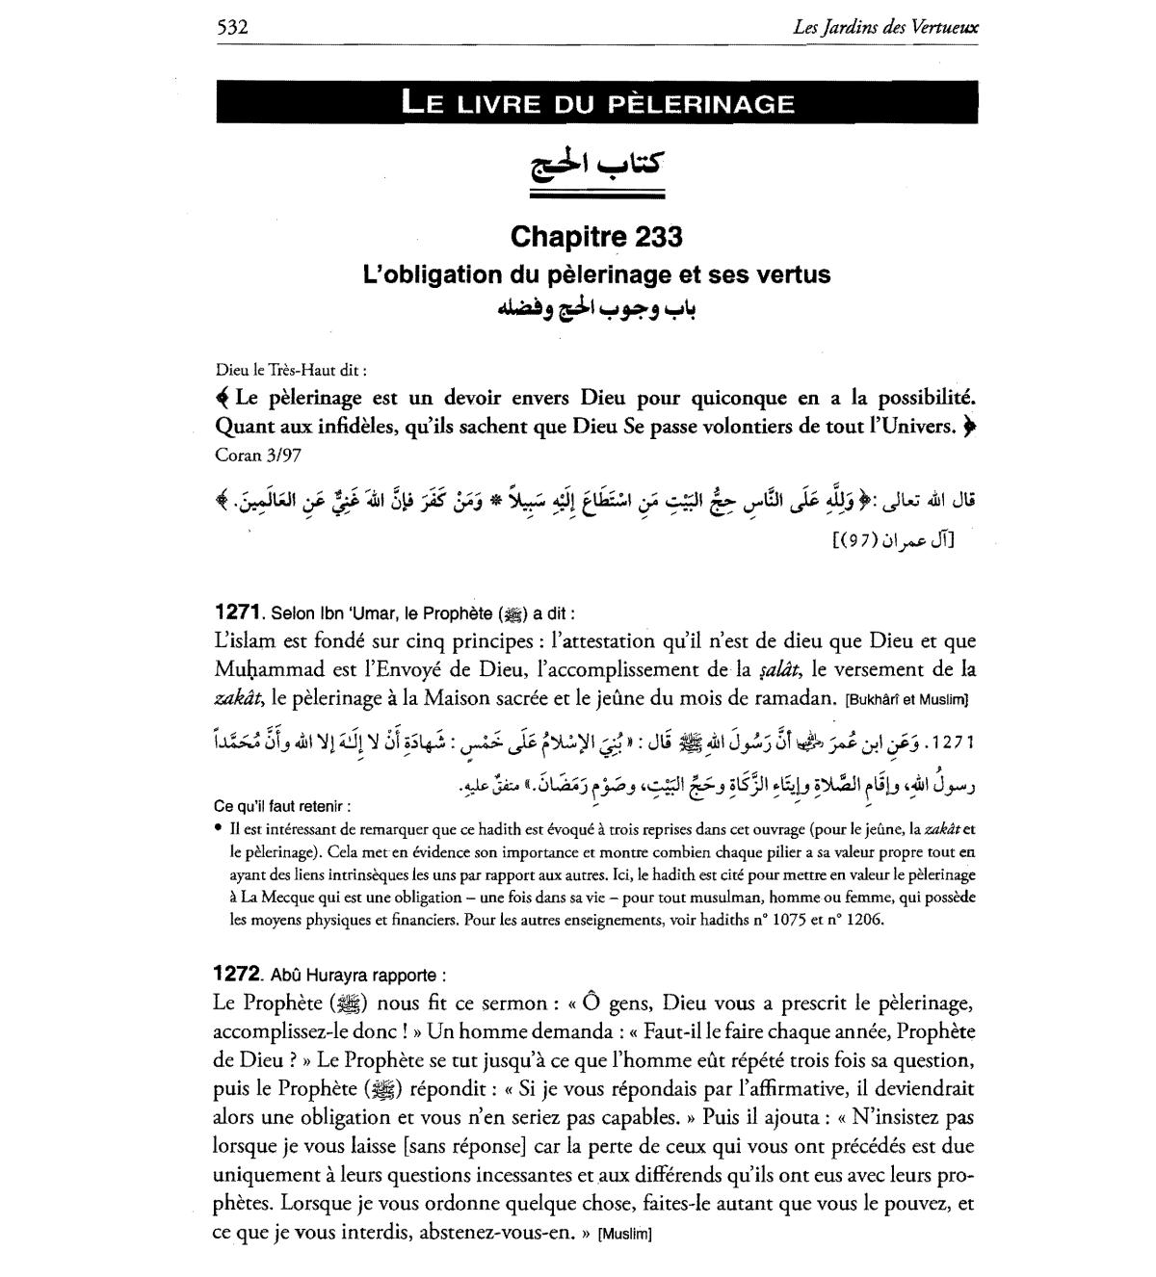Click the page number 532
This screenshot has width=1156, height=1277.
(232, 27)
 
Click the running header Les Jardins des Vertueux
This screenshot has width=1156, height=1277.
(885, 28)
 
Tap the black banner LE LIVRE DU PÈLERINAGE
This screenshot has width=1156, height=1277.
(597, 102)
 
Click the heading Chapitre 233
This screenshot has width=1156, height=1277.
(596, 236)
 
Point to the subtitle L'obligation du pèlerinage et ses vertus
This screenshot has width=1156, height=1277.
(596, 274)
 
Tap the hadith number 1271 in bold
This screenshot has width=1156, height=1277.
(238, 612)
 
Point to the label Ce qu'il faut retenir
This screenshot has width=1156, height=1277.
(280, 805)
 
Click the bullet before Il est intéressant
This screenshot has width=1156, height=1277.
(219, 828)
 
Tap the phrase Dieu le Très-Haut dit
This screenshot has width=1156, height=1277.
(291, 368)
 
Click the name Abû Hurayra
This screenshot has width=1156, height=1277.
(320, 975)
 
